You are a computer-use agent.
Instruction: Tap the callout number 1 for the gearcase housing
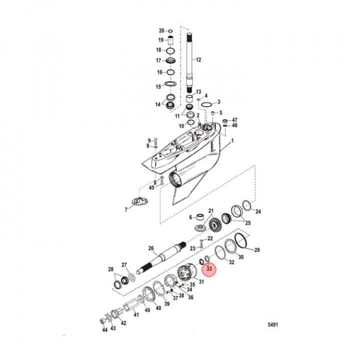(231, 142)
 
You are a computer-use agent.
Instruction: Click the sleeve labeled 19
(170, 40)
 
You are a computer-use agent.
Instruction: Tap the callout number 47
(234, 120)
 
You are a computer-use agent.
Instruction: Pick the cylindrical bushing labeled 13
(189, 96)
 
